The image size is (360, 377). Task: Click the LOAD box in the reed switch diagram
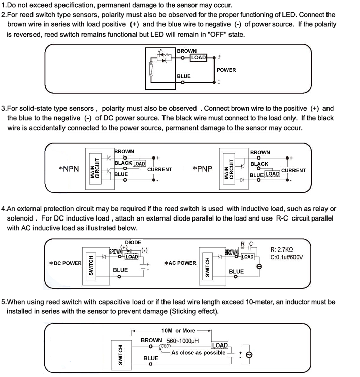point(198,58)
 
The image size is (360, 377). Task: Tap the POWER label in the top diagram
point(226,70)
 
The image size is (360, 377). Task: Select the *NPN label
point(69,169)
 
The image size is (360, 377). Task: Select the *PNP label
point(203,169)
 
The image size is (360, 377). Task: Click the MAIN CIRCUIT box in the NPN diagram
point(95,169)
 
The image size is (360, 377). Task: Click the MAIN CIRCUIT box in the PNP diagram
point(229,169)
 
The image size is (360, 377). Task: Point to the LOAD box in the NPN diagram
point(139,164)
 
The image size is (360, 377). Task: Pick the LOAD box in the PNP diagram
point(272,174)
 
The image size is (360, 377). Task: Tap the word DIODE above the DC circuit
point(133,242)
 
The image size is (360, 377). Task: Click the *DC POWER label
point(65,263)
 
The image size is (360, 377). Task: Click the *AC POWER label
point(180,263)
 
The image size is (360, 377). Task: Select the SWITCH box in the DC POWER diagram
point(91,266)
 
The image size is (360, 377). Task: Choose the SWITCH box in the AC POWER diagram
point(207,266)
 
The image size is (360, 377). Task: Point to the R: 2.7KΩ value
point(282,249)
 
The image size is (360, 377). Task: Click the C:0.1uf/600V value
point(286,257)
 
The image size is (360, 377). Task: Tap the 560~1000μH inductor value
point(183,341)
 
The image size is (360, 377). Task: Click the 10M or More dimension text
point(178,331)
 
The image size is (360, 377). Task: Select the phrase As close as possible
point(198,353)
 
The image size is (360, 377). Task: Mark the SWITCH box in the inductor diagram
point(121,355)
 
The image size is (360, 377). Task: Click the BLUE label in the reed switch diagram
point(184,76)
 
